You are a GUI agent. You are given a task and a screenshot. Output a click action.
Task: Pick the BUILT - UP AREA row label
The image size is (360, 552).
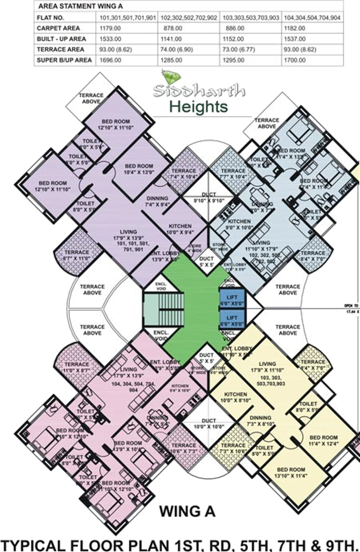pos(61,39)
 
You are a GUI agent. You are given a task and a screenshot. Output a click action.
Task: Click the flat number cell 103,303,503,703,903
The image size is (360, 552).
pos(250,18)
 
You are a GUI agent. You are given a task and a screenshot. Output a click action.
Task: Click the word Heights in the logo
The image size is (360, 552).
pos(198,107)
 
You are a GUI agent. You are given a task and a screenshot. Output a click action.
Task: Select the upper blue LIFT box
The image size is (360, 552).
pos(232,300)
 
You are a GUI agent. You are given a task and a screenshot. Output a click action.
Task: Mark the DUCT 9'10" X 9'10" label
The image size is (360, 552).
pos(208,198)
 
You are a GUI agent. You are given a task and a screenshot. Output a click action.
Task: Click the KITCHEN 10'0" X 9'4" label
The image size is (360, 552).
pos(180,229)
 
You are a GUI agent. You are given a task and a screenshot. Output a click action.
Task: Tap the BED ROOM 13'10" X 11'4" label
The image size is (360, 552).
pos(291,472)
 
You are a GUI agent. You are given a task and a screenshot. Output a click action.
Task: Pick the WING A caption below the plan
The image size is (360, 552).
pos(187,511)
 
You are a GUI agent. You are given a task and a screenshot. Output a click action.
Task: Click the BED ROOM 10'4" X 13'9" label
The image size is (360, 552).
pos(139,169)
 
